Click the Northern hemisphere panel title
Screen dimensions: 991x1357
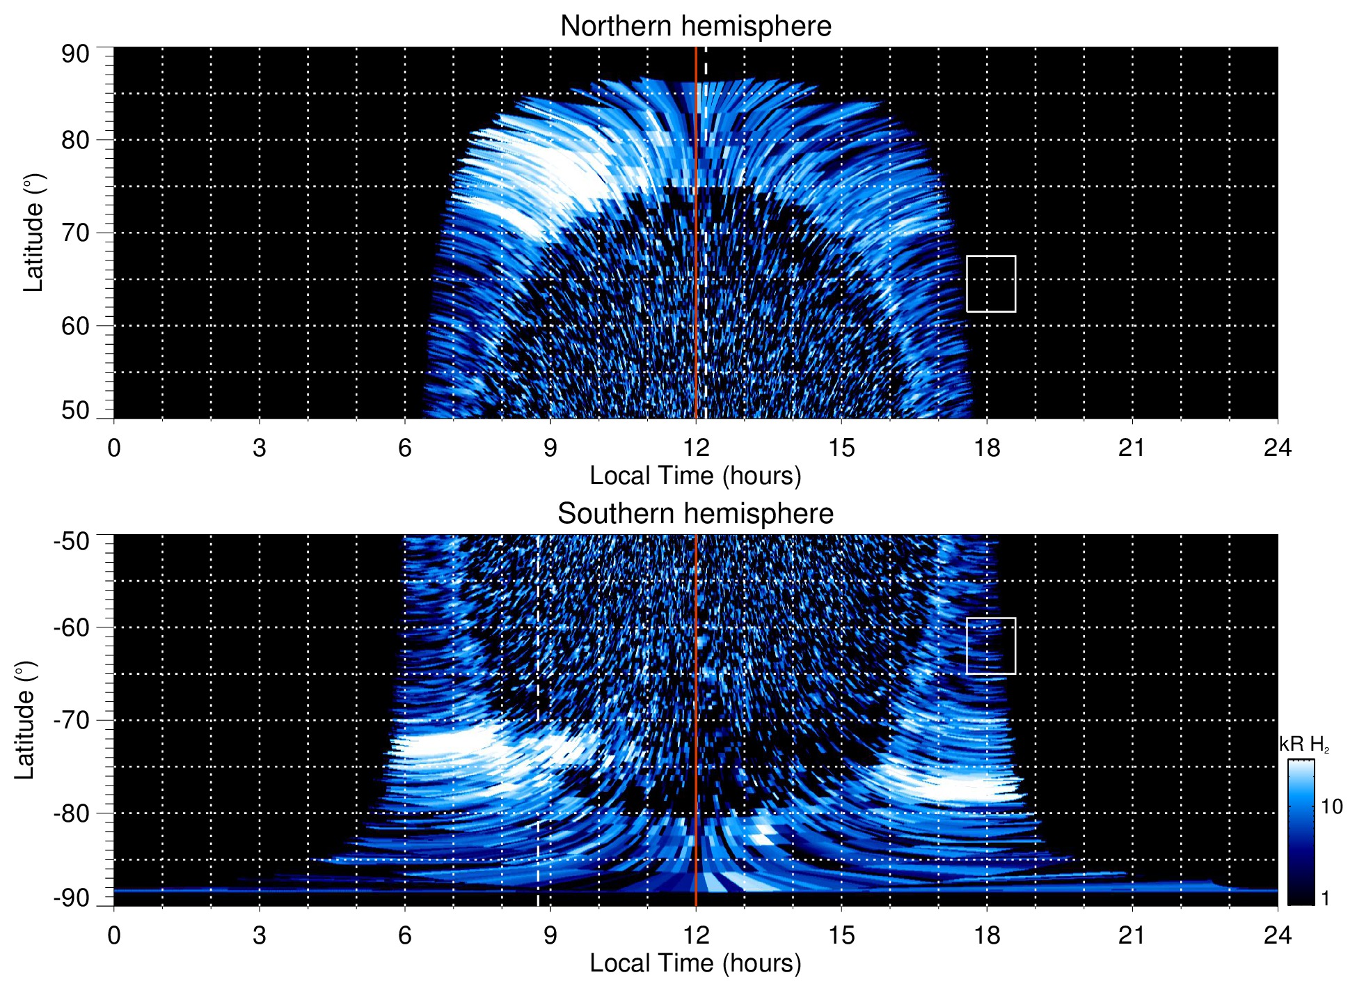pyautogui.click(x=695, y=26)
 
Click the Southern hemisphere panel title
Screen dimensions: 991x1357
pyautogui.click(x=695, y=514)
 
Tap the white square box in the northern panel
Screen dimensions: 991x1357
pyautogui.click(x=990, y=283)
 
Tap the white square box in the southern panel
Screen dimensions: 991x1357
pyautogui.click(x=990, y=646)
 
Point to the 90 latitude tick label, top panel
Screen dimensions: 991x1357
pyautogui.click(x=75, y=54)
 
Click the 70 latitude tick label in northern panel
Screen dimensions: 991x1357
pyautogui.click(x=75, y=233)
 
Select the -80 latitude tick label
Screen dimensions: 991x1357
pyautogui.click(x=71, y=813)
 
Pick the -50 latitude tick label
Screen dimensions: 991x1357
pyautogui.click(x=71, y=541)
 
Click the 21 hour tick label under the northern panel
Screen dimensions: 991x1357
pyautogui.click(x=1132, y=448)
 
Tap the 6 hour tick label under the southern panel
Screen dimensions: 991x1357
pyautogui.click(x=404, y=935)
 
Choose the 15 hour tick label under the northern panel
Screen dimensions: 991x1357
pyautogui.click(x=841, y=448)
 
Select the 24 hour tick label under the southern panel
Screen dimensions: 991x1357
pyautogui.click(x=1277, y=935)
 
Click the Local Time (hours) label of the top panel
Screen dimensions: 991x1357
pyautogui.click(x=695, y=476)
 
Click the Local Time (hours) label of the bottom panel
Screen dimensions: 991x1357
pyautogui.click(x=695, y=963)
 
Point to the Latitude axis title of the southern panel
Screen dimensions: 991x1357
pyautogui.click(x=25, y=720)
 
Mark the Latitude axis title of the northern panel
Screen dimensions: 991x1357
pyautogui.click(x=33, y=233)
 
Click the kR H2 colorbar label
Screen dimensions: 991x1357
pyautogui.click(x=1303, y=744)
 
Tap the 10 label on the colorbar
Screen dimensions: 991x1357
pyautogui.click(x=1331, y=806)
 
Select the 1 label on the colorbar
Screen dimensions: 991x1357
pyautogui.click(x=1325, y=898)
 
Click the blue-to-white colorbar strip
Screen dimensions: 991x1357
pyautogui.click(x=1301, y=832)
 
